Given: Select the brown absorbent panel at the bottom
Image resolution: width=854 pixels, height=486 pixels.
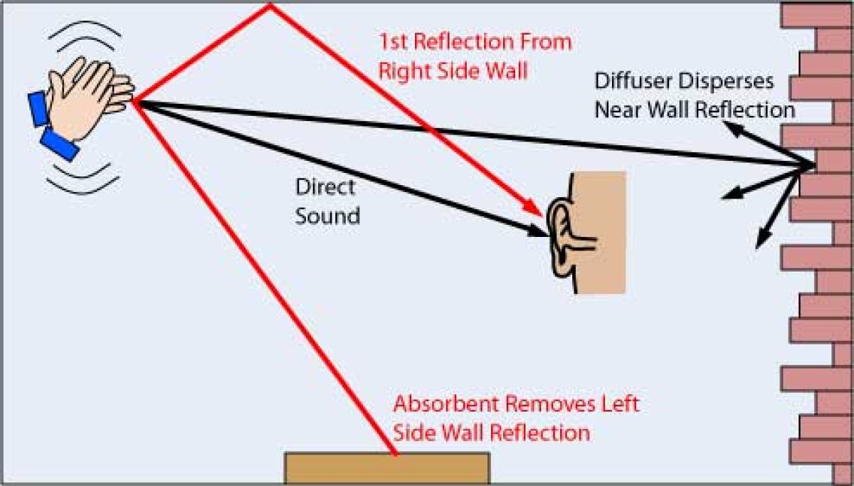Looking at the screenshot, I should (386, 468).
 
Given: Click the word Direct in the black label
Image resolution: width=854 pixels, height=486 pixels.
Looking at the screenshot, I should (325, 188).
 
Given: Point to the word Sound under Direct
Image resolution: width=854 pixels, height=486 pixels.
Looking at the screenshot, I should (327, 214).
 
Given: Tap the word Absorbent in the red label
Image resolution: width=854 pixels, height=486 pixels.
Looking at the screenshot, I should (448, 405).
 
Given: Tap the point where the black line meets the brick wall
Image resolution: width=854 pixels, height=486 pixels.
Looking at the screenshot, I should (813, 166).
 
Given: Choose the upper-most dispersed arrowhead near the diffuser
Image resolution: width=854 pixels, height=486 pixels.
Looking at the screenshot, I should (729, 127).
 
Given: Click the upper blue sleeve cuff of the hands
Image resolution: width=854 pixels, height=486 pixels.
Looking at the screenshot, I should (37, 108).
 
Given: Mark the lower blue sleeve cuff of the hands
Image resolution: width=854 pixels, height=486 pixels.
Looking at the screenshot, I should (60, 144).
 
